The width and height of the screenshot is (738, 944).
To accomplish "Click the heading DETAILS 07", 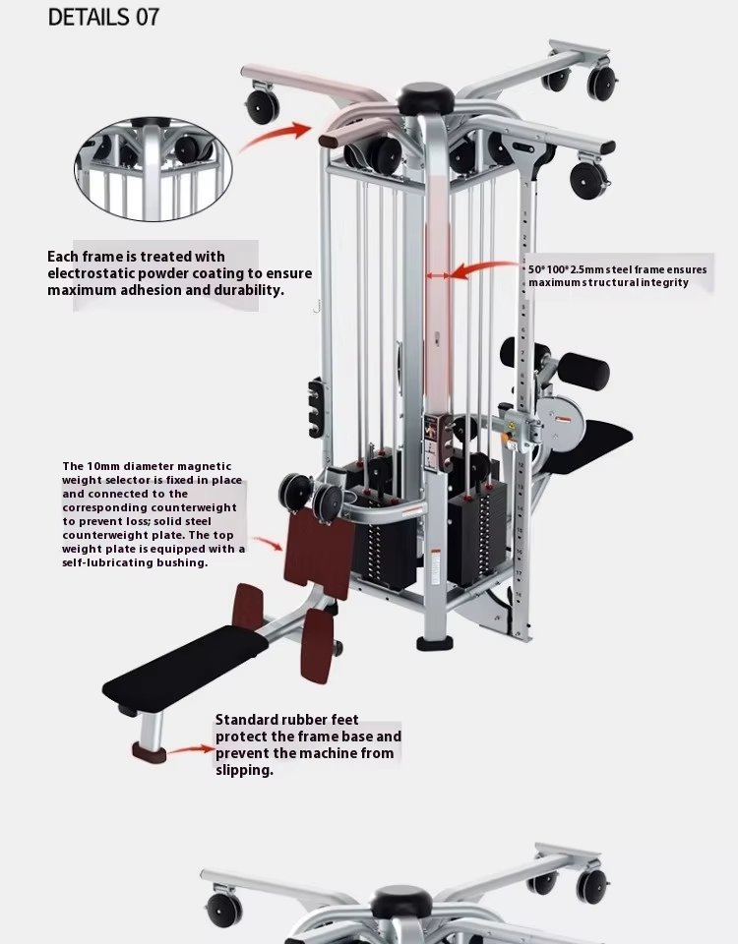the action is [x=103, y=18].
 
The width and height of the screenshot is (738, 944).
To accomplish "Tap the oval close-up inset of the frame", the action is [x=154, y=169].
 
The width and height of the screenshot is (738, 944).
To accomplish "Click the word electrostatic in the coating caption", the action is [x=91, y=273].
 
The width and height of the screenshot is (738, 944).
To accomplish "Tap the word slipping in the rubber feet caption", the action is [x=243, y=770].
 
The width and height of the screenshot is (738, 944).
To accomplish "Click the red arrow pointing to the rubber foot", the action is [x=190, y=750].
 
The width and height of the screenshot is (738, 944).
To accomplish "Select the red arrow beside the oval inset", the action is [x=276, y=136].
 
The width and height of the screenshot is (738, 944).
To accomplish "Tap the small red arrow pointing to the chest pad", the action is [x=268, y=543].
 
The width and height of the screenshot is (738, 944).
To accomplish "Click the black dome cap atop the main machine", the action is [x=425, y=98].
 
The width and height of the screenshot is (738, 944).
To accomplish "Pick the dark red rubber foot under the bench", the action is [x=149, y=752].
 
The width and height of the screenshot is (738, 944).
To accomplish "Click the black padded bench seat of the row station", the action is [x=185, y=669].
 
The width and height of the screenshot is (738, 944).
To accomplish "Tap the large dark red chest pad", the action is [x=319, y=553].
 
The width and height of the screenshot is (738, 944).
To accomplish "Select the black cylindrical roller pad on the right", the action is [x=583, y=371].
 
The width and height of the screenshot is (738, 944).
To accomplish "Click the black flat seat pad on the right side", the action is [x=584, y=446].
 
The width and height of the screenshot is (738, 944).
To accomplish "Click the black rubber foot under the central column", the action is [x=434, y=644].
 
